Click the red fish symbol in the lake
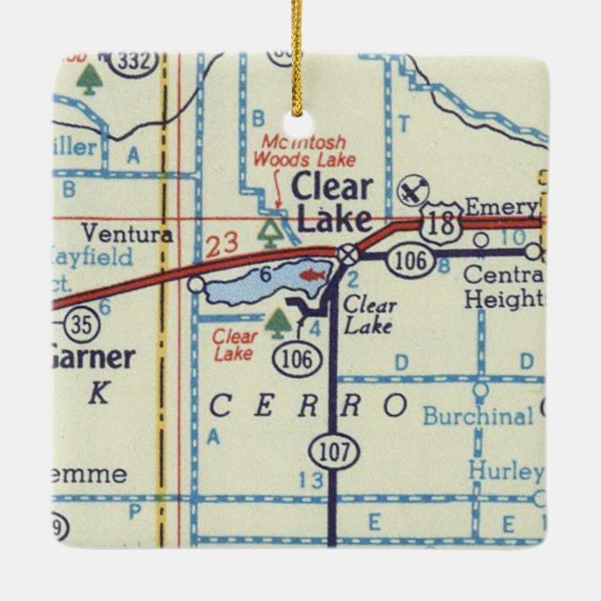312,275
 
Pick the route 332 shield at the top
133,62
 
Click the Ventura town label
127,233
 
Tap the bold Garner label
91,357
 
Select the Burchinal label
478,415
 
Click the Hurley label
506,471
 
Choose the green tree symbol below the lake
276,323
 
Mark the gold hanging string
297,47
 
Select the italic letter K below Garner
98,394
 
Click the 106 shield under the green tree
300,356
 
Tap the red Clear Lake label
234,345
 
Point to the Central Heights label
503,287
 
